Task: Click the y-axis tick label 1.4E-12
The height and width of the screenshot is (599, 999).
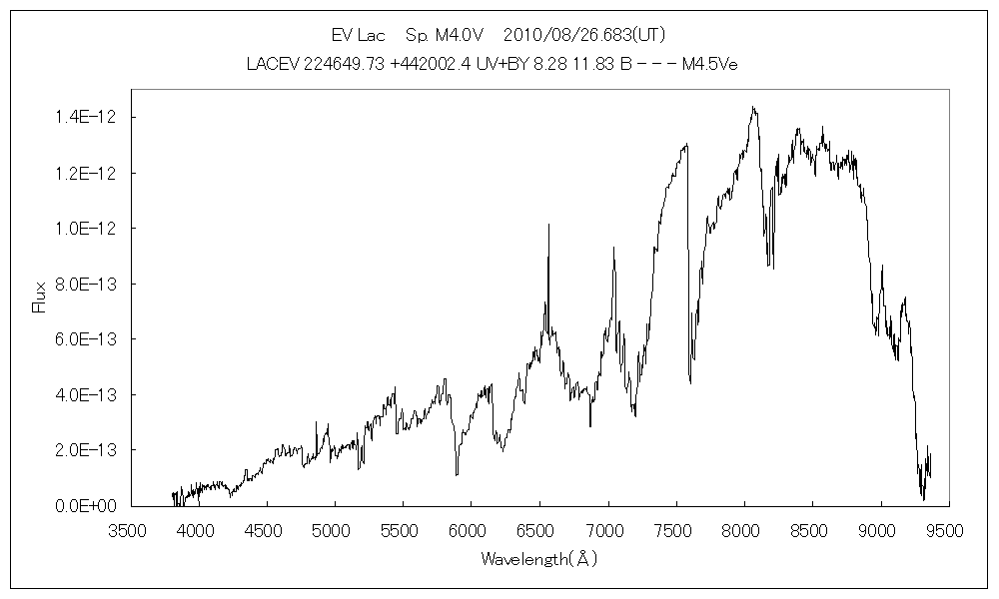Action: coord(87,118)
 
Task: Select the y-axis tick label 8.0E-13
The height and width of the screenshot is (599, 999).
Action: coord(87,285)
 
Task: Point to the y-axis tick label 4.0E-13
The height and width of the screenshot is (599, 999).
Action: coord(87,395)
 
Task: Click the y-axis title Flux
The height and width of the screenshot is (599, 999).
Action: coord(40,298)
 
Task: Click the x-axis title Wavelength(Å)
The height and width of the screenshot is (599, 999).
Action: coord(538,558)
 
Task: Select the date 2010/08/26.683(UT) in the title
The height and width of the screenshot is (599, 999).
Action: coord(584,35)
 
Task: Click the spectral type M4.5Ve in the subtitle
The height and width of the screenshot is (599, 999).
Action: coord(709,64)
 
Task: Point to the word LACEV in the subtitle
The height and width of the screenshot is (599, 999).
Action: coord(272,64)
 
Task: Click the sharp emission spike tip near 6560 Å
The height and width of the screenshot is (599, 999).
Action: coord(547,225)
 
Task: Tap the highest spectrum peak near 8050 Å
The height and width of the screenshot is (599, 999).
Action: coord(753,107)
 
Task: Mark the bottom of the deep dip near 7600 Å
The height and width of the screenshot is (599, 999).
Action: coord(690,382)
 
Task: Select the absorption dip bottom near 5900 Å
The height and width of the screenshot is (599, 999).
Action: coord(457,474)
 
